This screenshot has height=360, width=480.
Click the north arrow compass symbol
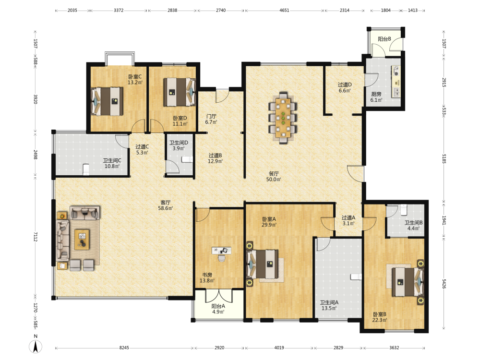[36, 347]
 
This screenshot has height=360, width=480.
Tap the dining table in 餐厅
[284, 118]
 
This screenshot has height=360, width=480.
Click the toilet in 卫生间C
[86, 169]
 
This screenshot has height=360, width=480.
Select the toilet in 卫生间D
[187, 159]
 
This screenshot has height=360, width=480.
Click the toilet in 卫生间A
[356, 277]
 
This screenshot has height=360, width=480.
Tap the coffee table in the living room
[82, 240]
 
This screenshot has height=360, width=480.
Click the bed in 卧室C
[107, 101]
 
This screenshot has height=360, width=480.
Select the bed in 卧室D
[180, 92]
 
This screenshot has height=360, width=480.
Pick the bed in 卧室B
[407, 282]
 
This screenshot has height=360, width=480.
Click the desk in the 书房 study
[221, 251]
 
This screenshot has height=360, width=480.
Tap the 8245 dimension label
[124, 348]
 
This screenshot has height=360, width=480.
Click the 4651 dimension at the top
[284, 10]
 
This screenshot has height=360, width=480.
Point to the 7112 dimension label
[35, 237]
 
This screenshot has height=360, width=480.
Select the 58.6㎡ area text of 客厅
[165, 208]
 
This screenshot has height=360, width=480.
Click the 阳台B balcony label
[384, 39]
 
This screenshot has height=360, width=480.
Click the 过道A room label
[348, 217]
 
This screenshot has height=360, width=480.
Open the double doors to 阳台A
[219, 295]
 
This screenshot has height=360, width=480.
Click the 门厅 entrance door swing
[222, 96]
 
